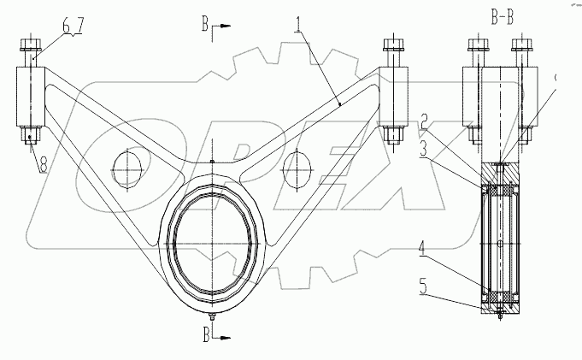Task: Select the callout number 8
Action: pyautogui.click(x=39, y=163)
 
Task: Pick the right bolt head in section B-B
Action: pyautogui.click(x=520, y=44)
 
